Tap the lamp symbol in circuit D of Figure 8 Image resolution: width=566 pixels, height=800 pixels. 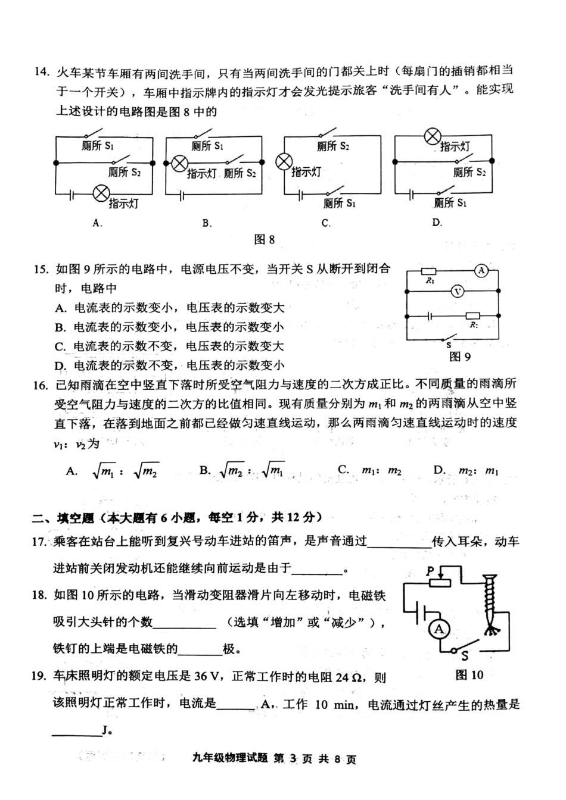click(x=432, y=137)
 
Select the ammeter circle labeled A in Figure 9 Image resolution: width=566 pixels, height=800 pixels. click(x=481, y=271)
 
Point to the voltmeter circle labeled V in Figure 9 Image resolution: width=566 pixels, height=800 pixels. click(x=457, y=291)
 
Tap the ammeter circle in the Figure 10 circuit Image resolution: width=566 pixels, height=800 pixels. click(x=439, y=629)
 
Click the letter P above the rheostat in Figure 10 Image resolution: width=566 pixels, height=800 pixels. click(x=430, y=571)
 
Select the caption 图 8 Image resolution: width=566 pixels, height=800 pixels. click(x=264, y=239)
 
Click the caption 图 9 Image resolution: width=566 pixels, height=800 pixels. click(x=459, y=357)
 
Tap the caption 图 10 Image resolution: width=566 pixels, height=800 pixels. click(x=469, y=674)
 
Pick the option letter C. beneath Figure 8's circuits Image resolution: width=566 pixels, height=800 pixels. click(x=326, y=223)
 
